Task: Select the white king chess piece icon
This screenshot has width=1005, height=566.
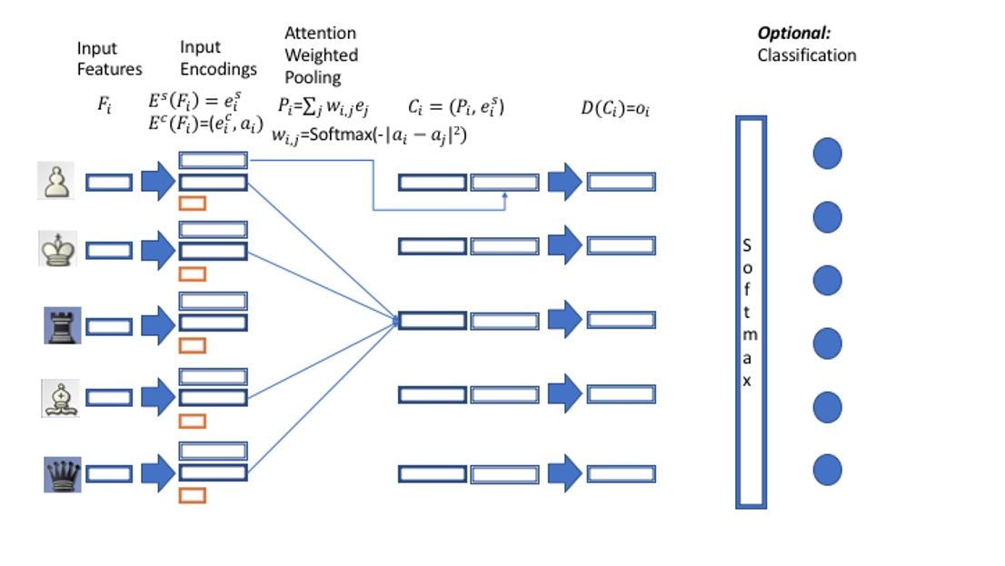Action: coord(57,249)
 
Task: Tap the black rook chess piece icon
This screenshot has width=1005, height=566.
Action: coord(62,325)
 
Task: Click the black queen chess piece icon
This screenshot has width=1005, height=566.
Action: coord(62,474)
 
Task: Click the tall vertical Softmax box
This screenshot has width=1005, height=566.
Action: coord(751,312)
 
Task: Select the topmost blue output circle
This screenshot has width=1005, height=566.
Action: coord(827,154)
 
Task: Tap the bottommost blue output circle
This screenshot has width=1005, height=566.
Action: coord(827,471)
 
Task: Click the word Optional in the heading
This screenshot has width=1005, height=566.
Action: coord(793,34)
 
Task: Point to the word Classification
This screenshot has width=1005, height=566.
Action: coord(806,55)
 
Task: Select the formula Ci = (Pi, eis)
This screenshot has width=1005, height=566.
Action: coord(455,108)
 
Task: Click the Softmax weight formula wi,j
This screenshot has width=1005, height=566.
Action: coord(369,135)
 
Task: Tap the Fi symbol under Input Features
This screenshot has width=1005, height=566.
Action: coord(104,104)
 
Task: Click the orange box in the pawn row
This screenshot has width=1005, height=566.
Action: coord(193,204)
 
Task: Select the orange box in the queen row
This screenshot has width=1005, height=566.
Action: coord(193,495)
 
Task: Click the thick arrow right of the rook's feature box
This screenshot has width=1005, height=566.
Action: coord(156,325)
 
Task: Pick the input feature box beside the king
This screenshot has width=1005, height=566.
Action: coord(108,250)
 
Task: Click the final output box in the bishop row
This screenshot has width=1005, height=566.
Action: coord(621,395)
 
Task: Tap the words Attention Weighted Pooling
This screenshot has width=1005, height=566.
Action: coord(321,55)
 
